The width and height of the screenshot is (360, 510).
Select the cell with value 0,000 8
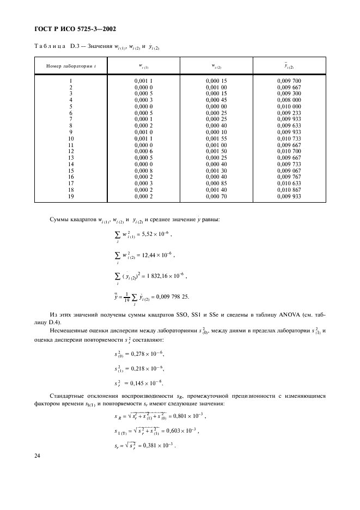pyautogui.click(x=145, y=171)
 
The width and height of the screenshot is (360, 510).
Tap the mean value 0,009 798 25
pyautogui.click(x=176, y=297)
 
